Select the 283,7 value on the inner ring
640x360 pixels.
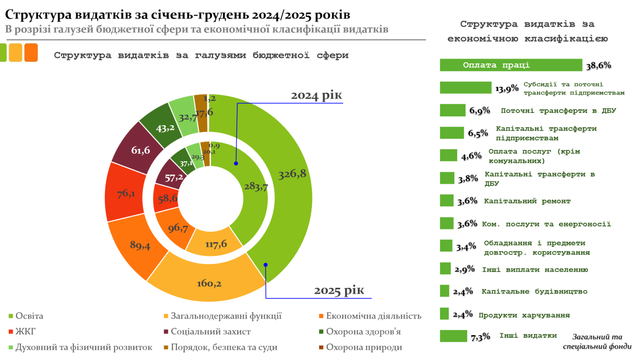(x=255, y=186)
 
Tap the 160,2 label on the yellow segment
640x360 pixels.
(x=209, y=284)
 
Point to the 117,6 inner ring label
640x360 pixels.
(x=216, y=244)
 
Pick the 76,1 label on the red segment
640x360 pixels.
(x=126, y=194)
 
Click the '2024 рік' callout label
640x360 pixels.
(x=316, y=96)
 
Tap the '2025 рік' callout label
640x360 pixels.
(x=339, y=291)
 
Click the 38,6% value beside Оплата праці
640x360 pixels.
(x=598, y=65)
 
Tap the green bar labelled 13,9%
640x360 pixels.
(x=465, y=88)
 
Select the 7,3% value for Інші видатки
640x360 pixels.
(x=480, y=337)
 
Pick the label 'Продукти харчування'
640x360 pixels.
(x=524, y=315)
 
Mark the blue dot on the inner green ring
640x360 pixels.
(x=236, y=163)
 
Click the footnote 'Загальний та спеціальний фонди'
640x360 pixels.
(x=597, y=341)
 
